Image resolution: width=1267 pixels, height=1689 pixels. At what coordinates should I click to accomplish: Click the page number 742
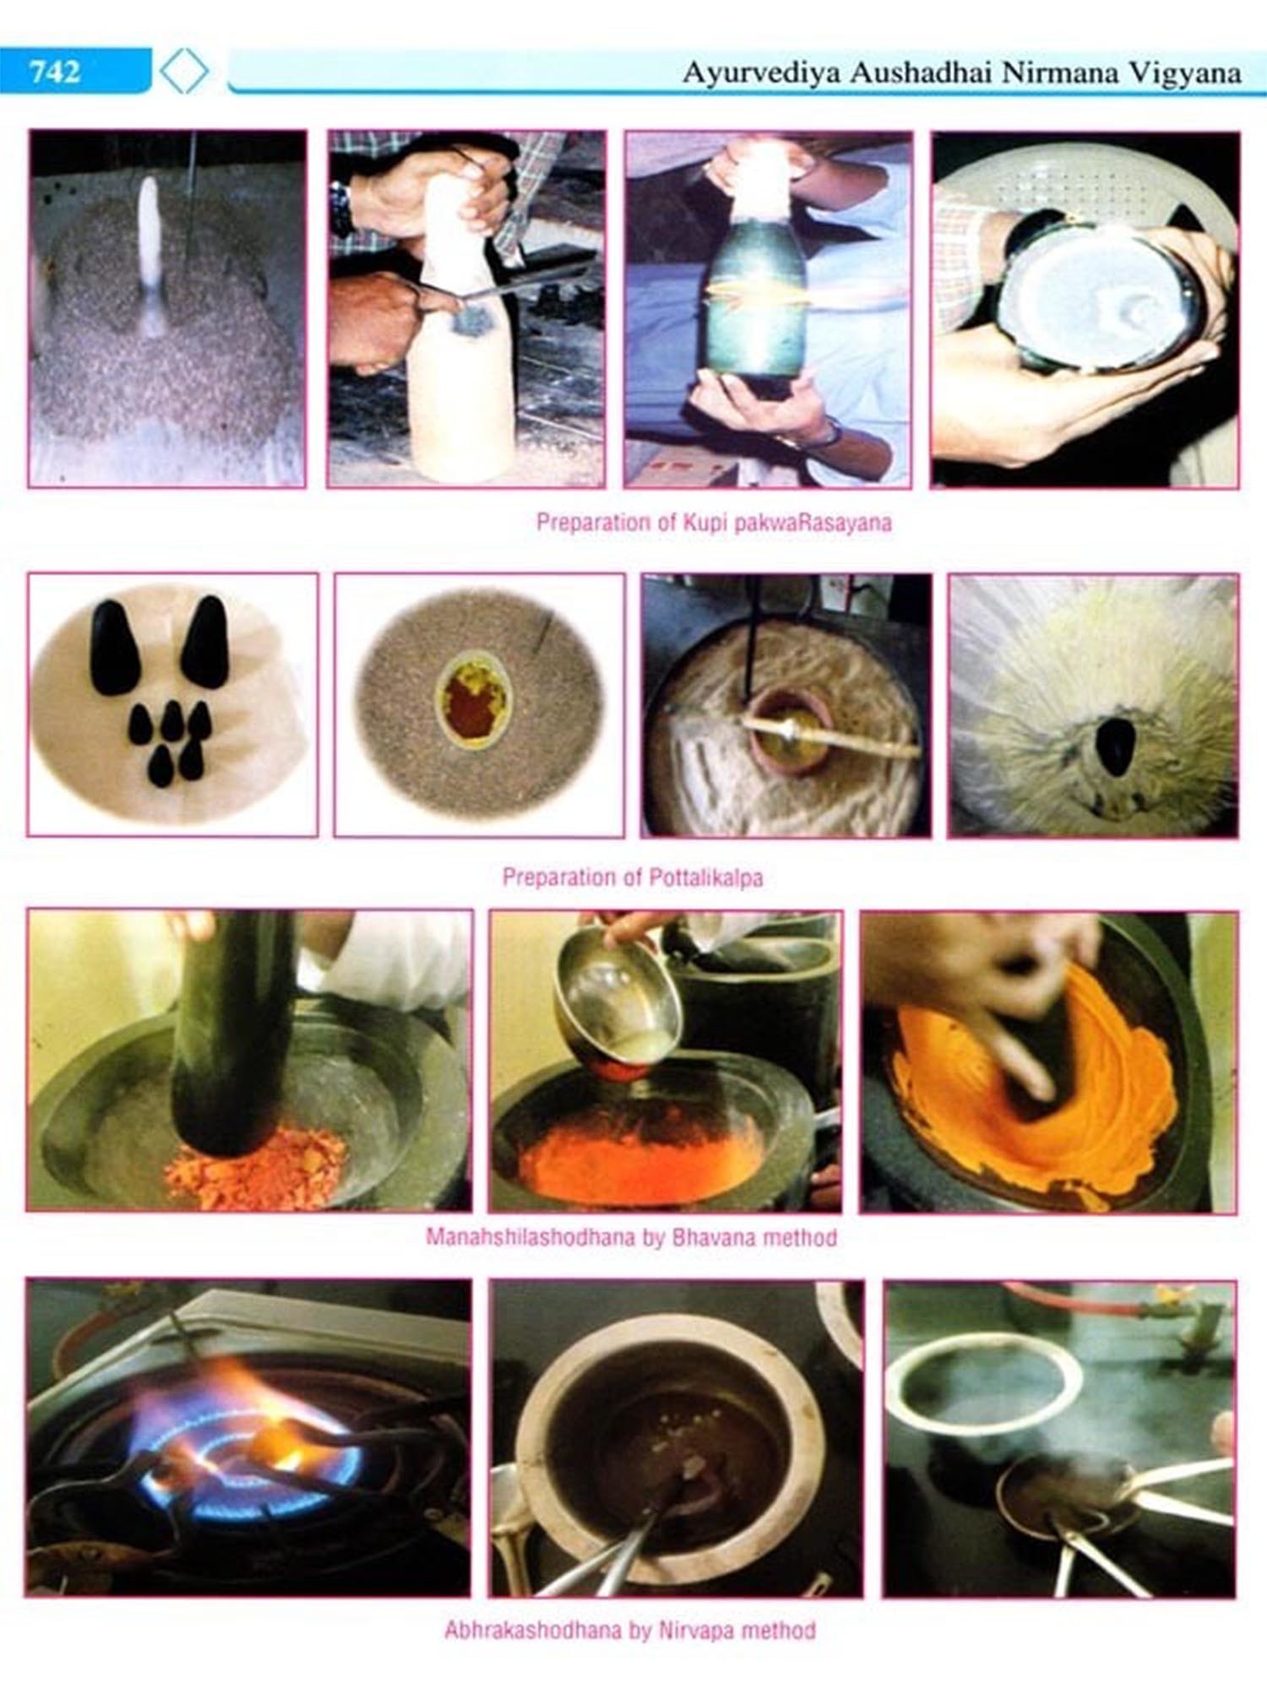point(55,71)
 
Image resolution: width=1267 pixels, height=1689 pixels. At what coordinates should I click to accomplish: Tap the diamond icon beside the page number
point(184,71)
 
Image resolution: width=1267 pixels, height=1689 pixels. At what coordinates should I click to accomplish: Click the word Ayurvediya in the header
point(760,73)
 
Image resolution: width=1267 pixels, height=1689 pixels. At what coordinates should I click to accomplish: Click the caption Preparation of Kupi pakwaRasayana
point(714,522)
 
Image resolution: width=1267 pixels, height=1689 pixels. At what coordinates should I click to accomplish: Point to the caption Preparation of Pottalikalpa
point(633,877)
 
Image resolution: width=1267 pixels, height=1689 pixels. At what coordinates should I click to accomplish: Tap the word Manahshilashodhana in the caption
point(530,1237)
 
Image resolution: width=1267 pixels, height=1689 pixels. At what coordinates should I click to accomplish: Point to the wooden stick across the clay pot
point(828,735)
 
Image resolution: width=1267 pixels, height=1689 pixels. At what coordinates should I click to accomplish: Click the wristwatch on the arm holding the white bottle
point(341,209)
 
